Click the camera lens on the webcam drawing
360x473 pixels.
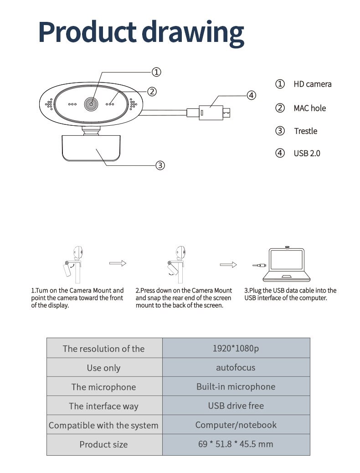92,104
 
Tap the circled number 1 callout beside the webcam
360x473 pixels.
156,72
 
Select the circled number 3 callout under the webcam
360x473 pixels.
160,165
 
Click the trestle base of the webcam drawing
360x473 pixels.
91,148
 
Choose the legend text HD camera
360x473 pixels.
312,84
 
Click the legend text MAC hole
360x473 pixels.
309,108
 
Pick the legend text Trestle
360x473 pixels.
305,131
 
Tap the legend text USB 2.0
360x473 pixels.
307,153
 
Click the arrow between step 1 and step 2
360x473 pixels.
117,263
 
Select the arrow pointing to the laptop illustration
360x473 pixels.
228,265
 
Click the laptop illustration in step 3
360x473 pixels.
286,265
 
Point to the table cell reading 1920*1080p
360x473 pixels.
236,348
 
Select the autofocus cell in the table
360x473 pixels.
236,367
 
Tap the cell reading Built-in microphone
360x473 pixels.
236,386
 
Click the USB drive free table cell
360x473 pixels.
236,406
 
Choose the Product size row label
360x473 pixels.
103,444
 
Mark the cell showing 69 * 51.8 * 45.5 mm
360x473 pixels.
236,444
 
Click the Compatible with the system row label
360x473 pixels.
103,425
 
